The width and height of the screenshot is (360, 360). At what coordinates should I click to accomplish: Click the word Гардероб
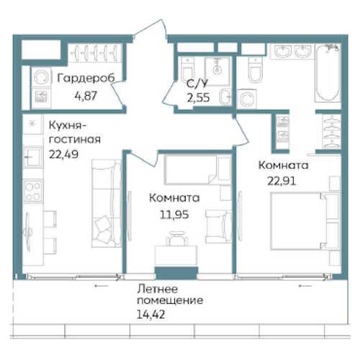click(x=86, y=78)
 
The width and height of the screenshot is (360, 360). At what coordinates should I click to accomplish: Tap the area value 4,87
click(x=86, y=96)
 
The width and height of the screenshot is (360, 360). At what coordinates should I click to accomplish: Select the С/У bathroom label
click(x=197, y=84)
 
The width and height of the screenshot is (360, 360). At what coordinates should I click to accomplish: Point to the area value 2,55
click(x=198, y=98)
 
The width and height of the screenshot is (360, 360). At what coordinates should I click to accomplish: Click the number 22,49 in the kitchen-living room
click(x=63, y=154)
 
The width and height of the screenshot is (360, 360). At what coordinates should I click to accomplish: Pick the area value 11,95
click(x=174, y=215)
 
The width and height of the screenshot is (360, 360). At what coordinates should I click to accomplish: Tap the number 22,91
click(x=282, y=181)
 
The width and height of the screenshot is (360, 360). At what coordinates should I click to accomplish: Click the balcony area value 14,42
click(x=150, y=315)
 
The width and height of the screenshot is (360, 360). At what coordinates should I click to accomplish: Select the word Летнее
click(x=158, y=289)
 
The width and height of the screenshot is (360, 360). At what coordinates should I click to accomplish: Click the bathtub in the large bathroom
click(x=328, y=73)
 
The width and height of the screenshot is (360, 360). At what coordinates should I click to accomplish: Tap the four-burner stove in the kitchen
click(x=33, y=191)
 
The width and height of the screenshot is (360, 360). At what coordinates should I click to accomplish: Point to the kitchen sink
click(x=33, y=157)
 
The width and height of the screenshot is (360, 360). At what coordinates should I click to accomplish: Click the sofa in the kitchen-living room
click(x=107, y=203)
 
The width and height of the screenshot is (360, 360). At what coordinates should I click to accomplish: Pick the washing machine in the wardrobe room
click(x=41, y=77)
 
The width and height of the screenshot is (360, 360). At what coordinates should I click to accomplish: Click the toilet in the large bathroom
click(x=256, y=70)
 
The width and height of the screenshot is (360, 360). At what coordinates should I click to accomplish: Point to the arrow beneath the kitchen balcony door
click(x=102, y=286)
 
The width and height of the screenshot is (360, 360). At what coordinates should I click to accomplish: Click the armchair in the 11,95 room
click(x=218, y=227)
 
